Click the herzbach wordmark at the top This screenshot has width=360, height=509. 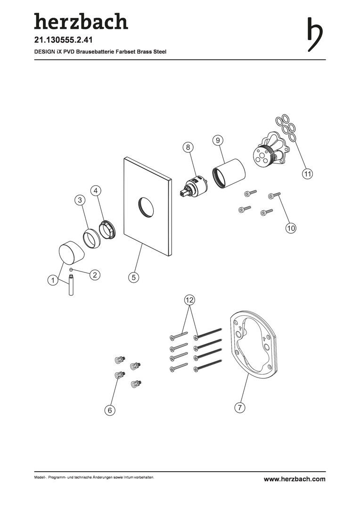[81, 21]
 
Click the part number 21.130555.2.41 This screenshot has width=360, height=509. [63, 40]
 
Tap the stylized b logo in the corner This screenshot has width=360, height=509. [315, 34]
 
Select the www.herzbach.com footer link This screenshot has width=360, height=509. [295, 479]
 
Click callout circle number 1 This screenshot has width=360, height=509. [53, 280]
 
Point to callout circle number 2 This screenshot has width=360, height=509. [94, 275]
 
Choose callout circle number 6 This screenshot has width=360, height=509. [110, 410]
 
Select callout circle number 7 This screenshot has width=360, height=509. [239, 407]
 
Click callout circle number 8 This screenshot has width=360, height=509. [188, 147]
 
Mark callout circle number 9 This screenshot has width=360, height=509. [218, 140]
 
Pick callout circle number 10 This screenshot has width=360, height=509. [291, 228]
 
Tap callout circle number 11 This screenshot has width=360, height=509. [307, 173]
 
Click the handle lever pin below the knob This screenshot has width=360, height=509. [71, 285]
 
